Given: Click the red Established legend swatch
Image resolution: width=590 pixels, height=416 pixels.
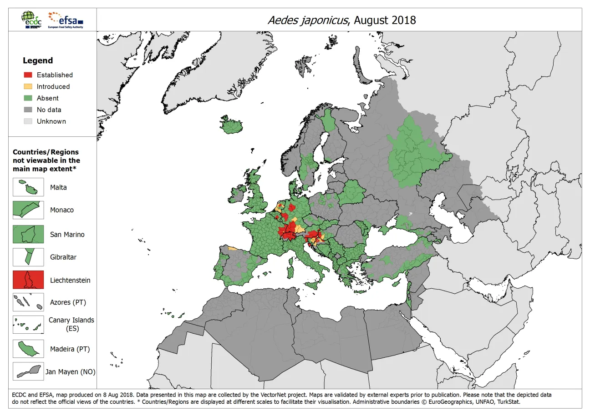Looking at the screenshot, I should click(x=28, y=75).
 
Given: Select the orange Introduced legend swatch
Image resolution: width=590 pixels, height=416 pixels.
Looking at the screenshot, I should click(x=28, y=86).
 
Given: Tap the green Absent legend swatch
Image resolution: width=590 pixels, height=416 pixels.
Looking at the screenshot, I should click(x=28, y=98).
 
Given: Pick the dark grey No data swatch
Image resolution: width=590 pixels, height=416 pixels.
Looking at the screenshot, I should click(x=28, y=110).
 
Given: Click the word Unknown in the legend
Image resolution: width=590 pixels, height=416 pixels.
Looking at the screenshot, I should click(x=51, y=121).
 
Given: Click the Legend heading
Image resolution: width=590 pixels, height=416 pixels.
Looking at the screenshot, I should click(x=38, y=60).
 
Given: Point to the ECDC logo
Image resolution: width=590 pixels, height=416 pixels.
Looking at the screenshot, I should click(x=32, y=20).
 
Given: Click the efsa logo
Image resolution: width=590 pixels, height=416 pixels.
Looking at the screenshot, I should click(x=66, y=20).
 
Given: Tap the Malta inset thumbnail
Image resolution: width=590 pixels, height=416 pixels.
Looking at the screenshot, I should click(x=28, y=187).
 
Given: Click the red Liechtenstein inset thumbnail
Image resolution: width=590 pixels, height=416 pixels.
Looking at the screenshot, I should click(x=28, y=280).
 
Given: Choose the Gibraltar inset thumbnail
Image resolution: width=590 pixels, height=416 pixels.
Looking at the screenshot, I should click(x=28, y=257).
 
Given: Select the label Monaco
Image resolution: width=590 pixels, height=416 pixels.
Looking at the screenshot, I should click(x=62, y=210).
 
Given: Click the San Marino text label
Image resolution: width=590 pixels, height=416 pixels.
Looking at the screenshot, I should click(x=67, y=235).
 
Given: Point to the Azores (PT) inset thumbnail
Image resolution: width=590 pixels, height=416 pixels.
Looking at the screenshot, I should click(x=28, y=302).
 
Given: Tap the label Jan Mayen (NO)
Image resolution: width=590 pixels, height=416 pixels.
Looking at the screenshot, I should click(x=71, y=372).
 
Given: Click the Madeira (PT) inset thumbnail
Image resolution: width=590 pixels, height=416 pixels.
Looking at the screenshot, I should click(x=28, y=349).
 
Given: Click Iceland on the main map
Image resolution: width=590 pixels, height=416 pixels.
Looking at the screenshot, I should click(x=232, y=125).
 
